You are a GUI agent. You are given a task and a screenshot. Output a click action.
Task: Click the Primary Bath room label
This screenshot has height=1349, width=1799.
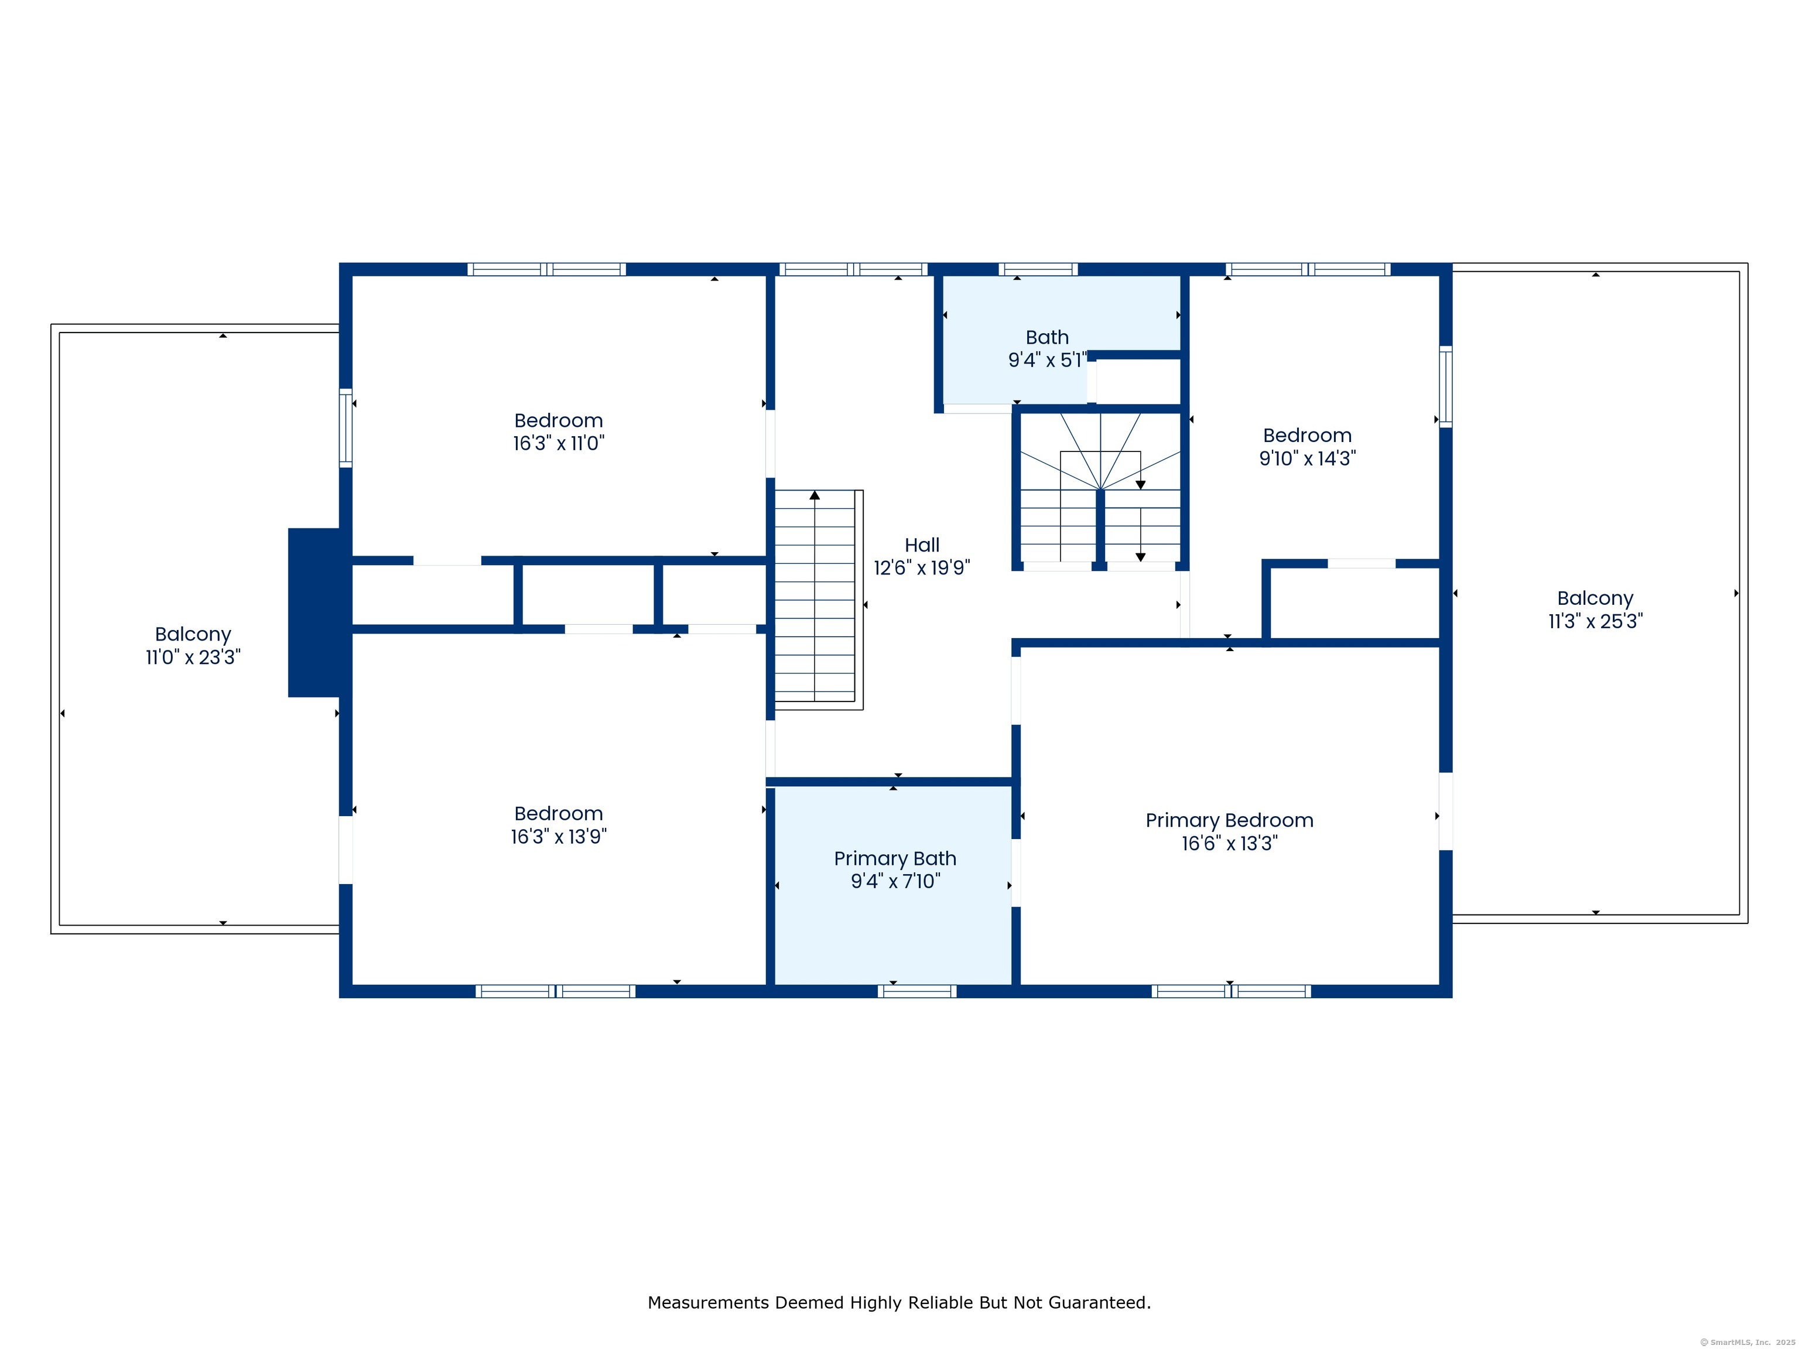[895, 859]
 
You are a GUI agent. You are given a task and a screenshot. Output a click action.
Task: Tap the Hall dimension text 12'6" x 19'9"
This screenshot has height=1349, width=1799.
[921, 567]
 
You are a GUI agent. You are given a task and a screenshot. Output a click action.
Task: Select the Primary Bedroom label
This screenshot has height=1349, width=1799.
[1229, 820]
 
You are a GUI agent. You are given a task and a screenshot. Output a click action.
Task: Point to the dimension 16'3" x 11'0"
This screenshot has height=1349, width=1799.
[559, 443]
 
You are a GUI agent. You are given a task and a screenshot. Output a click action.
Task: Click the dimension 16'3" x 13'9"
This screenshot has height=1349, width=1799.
[559, 837]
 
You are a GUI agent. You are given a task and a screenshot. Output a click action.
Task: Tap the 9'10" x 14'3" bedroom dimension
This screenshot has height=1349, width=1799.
[1307, 458]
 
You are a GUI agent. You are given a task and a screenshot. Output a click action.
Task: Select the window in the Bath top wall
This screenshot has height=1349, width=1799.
[1038, 269]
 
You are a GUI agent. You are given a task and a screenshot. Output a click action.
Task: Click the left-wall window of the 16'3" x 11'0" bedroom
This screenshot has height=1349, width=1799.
[346, 428]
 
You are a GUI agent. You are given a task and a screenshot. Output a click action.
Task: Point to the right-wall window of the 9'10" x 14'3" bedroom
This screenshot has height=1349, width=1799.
[1445, 387]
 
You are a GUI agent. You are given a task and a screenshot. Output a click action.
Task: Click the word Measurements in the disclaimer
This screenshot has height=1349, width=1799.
[709, 1303]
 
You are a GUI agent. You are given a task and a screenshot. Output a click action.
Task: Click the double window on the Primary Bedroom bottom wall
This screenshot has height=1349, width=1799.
[1230, 991]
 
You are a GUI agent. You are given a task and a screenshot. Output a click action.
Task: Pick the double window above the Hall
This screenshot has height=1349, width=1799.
[853, 269]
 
